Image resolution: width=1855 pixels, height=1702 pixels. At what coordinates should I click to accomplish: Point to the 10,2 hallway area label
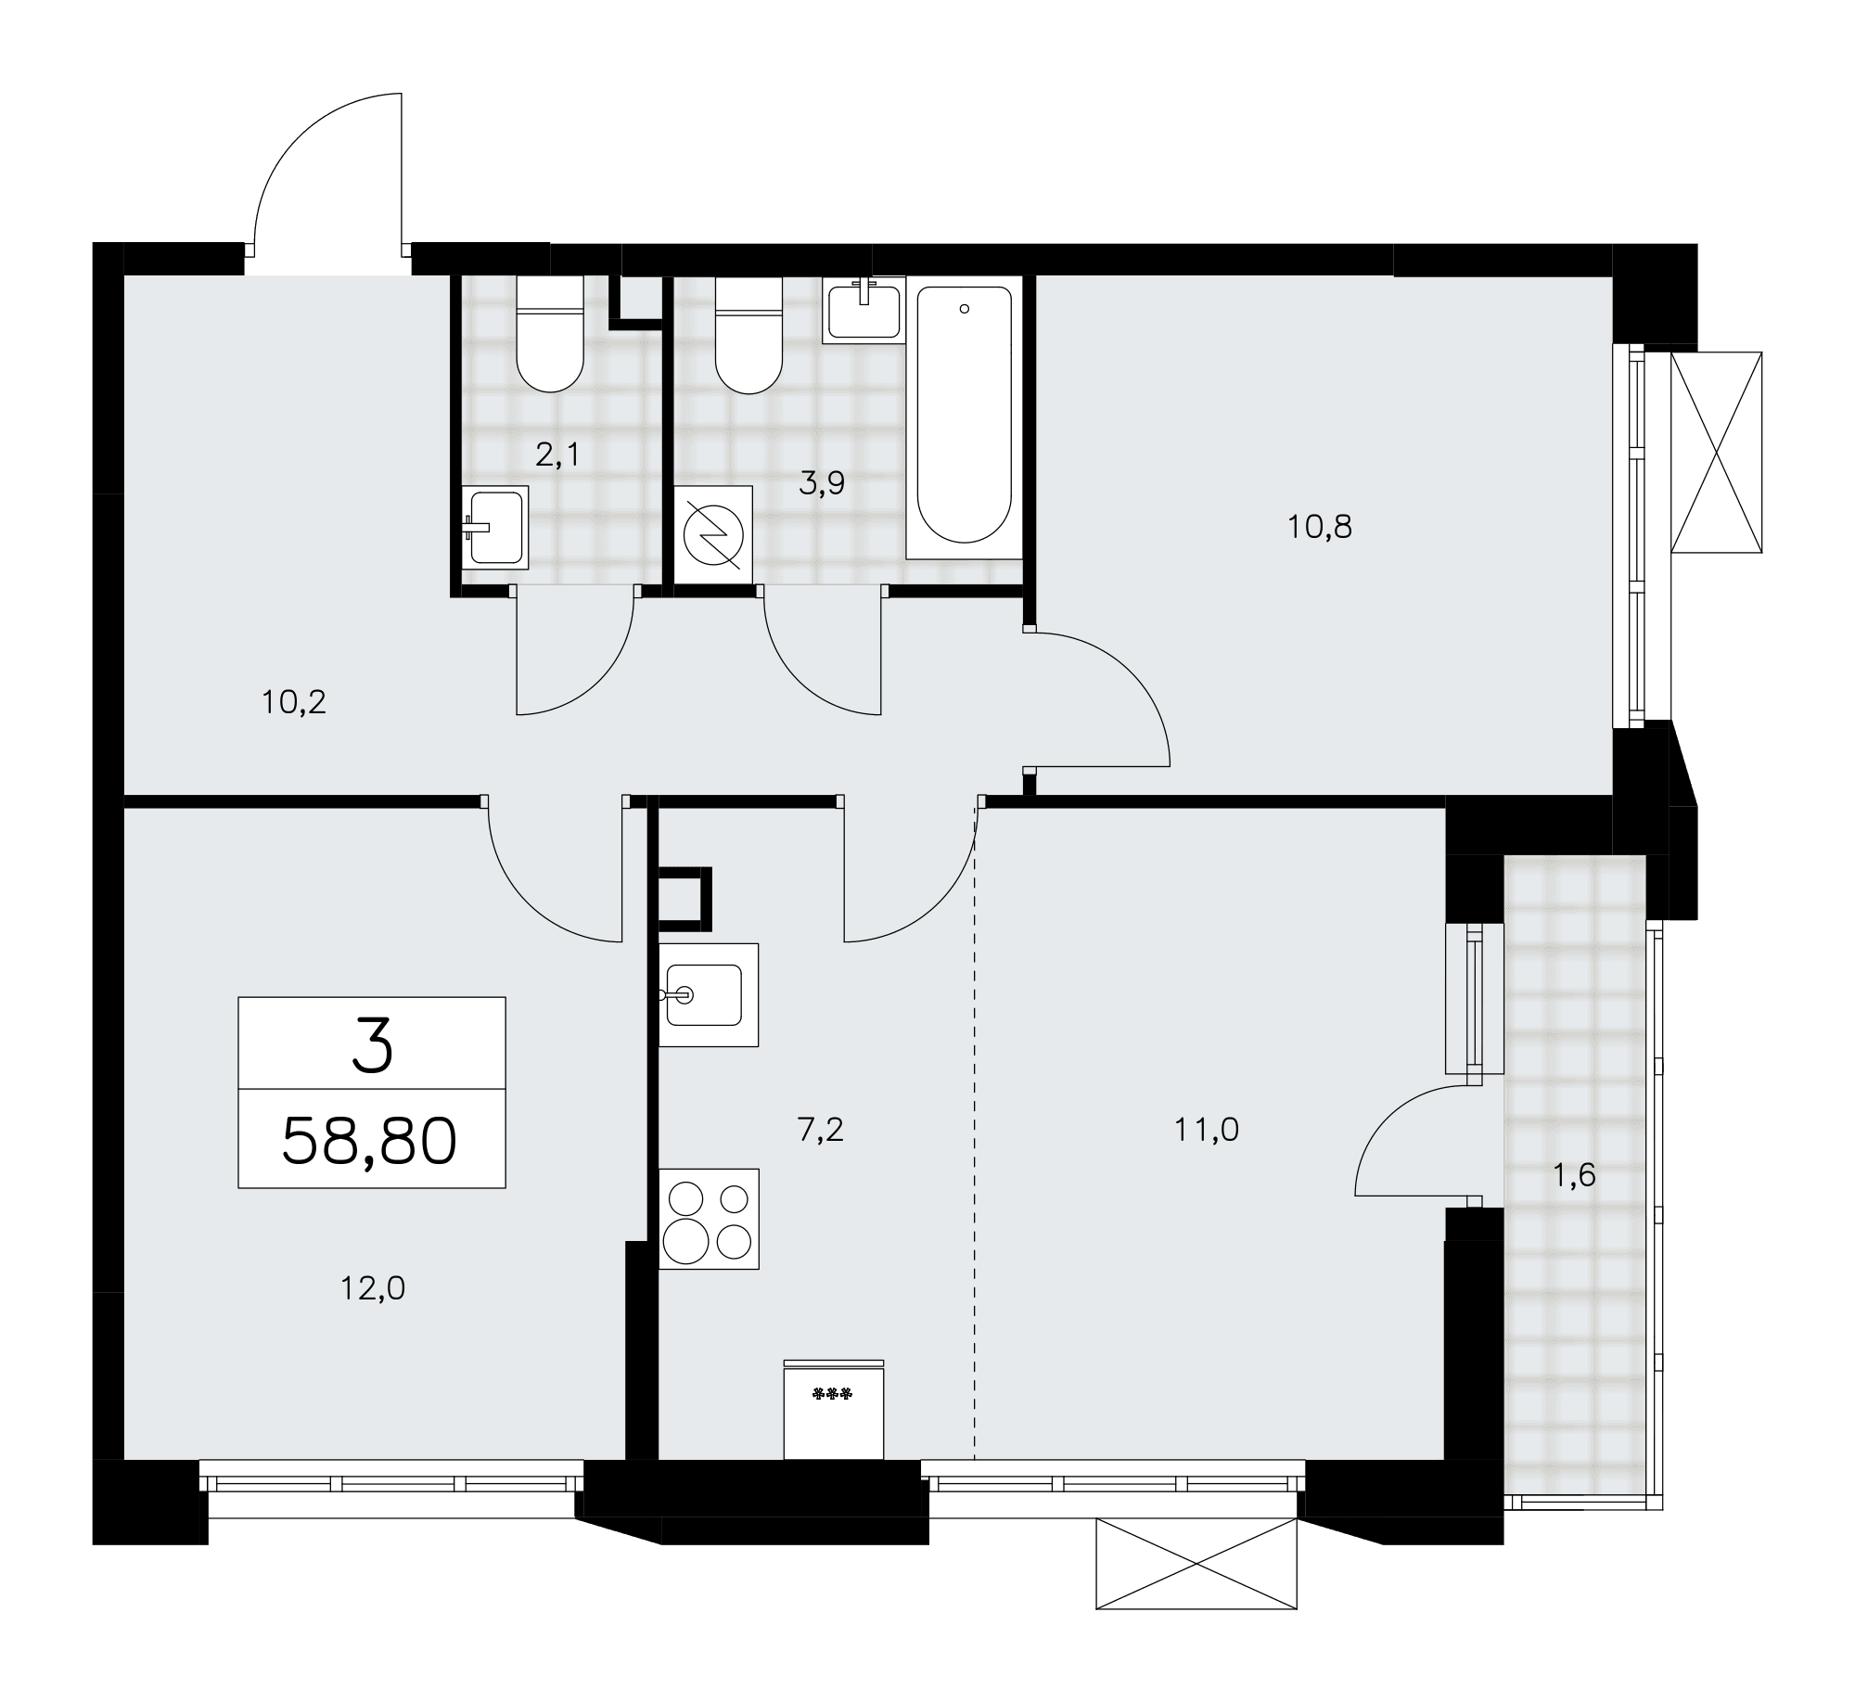[x=294, y=702]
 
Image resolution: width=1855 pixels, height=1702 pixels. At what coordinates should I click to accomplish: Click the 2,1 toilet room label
[x=558, y=455]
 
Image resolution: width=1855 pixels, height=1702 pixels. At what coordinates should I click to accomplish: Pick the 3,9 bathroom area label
[x=822, y=483]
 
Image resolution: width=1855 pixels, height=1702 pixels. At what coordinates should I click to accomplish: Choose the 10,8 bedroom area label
[x=1320, y=527]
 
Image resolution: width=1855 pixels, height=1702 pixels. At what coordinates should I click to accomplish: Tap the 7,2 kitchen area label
[x=820, y=1131]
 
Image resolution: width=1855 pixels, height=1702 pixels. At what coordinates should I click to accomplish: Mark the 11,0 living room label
[x=1207, y=1131]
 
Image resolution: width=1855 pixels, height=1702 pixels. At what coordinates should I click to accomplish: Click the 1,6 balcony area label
[x=1574, y=1176]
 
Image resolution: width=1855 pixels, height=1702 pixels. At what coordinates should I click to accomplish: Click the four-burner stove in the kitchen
[x=709, y=1219]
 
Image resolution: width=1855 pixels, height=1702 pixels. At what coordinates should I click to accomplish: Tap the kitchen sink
[x=709, y=994]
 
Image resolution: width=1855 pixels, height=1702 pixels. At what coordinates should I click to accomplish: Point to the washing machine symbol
[x=713, y=535]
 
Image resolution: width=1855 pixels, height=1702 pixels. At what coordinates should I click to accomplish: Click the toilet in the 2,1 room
[x=550, y=335]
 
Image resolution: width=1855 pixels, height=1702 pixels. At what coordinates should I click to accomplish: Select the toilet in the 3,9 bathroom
[x=749, y=335]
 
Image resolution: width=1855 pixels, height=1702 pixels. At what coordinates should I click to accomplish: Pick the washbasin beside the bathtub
[x=864, y=310]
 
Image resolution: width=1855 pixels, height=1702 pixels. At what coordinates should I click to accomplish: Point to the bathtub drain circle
[x=965, y=309]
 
